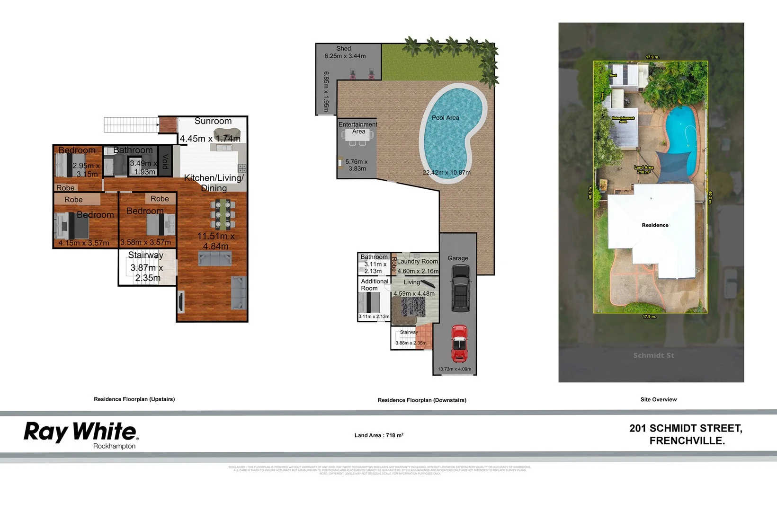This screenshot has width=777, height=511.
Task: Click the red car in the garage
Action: click(458, 343)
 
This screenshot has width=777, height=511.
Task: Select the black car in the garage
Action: click(460, 288)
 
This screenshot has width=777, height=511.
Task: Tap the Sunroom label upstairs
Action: click(213, 121)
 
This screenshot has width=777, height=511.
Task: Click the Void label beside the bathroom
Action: click(165, 162)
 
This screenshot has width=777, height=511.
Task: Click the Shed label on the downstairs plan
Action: click(344, 49)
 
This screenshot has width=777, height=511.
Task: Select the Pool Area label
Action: click(445, 118)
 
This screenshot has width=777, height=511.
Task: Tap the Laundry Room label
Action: click(417, 261)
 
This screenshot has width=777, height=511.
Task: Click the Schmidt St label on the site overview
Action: click(653, 355)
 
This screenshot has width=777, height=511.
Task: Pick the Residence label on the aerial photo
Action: click(655, 225)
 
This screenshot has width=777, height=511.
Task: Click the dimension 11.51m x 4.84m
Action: click(216, 241)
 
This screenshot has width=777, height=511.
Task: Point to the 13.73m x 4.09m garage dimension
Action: click(454, 369)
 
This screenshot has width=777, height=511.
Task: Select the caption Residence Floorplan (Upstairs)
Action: click(134, 399)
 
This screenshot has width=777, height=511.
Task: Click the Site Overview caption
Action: click(658, 400)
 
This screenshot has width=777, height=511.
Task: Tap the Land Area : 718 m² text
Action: click(379, 435)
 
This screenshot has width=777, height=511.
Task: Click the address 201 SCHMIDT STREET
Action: click(686, 429)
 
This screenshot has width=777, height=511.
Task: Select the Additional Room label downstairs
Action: click(375, 284)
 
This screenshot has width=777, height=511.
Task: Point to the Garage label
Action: click(458, 258)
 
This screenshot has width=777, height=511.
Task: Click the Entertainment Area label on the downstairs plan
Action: click(358, 128)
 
